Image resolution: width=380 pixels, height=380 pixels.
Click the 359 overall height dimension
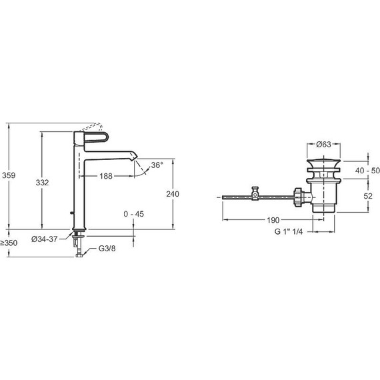point(9,175)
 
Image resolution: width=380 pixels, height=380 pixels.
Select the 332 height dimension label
point(42,183)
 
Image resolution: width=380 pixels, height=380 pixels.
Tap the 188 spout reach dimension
point(106,176)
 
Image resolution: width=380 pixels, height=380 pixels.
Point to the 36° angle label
point(157,165)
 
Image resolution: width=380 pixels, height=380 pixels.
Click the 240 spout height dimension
point(173,194)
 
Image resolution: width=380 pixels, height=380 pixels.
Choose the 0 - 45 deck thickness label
point(133,214)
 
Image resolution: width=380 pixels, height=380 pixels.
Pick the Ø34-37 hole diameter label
point(45,239)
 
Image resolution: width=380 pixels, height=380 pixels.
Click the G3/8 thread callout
point(107,249)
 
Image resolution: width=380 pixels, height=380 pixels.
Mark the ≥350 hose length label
point(9,243)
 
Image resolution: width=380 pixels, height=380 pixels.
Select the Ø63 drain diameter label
point(323,145)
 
